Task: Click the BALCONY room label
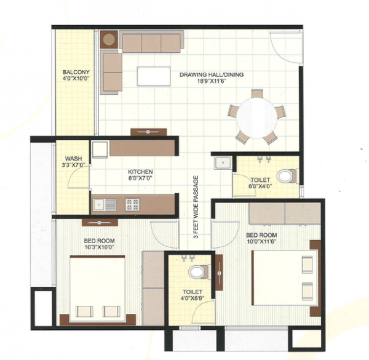[76, 71]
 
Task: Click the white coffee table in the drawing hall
[154, 76]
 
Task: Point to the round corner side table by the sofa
[109, 40]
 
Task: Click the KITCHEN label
[140, 172]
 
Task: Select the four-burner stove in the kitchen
[132, 204]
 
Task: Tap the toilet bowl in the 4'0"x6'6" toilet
[196, 271]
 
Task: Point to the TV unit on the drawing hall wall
[148, 132]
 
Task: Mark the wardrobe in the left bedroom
[153, 287]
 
